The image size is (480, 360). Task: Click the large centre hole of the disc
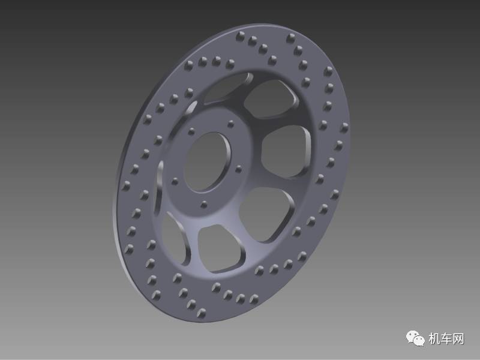tap(208, 162)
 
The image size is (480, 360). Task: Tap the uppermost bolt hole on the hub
tap(231, 124)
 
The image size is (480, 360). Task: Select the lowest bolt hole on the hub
tap(204, 205)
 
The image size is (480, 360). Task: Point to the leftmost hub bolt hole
tap(175, 182)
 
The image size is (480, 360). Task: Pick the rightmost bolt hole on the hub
tap(238, 169)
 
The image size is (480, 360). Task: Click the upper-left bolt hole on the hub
tap(191, 131)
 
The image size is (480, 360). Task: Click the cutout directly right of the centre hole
tap(286, 152)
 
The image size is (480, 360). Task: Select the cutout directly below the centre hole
tap(221, 248)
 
